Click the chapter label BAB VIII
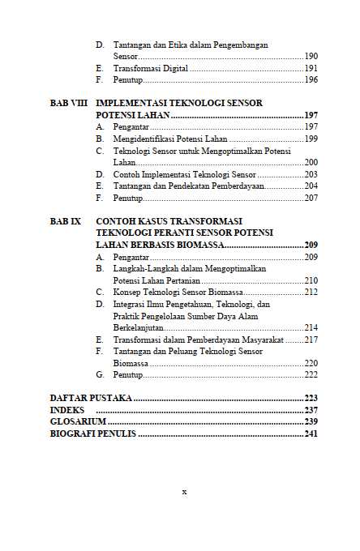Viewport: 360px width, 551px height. click(x=68, y=104)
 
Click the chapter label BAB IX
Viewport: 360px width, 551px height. click(x=66, y=220)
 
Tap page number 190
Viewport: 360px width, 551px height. click(x=311, y=57)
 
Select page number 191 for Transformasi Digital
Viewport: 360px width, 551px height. click(x=311, y=69)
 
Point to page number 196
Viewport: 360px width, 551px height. click(x=311, y=80)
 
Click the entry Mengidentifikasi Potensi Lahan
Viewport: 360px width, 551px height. click(x=170, y=139)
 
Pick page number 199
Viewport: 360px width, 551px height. click(x=311, y=139)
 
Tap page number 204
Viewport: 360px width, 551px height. click(x=311, y=186)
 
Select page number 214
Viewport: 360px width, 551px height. click(x=311, y=327)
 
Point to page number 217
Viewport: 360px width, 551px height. click(x=311, y=340)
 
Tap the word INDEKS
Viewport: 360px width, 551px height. click(x=66, y=411)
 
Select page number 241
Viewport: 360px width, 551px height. click(x=311, y=434)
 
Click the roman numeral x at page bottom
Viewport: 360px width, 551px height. click(x=184, y=491)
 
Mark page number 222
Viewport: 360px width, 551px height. click(x=311, y=375)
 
